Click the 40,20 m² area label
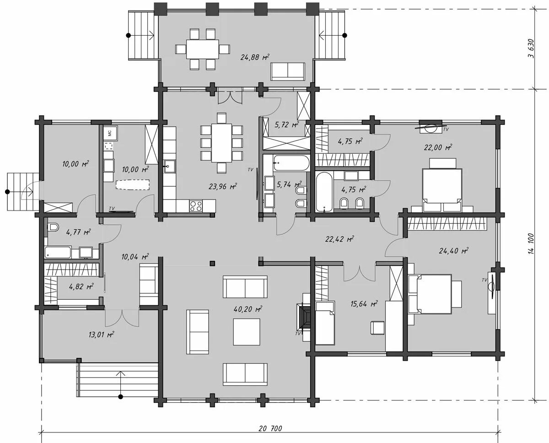248,309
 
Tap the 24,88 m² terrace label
255,57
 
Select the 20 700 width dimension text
270,428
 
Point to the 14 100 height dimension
531,244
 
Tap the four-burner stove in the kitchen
196,206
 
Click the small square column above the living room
212,263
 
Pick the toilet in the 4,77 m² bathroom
54,227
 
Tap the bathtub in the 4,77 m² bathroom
58,252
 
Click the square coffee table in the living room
247,332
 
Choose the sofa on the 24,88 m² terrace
288,71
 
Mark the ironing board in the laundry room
132,184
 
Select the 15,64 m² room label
364,304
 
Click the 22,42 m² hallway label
339,239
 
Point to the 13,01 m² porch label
101,334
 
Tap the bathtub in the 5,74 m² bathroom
291,163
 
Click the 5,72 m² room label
287,125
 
